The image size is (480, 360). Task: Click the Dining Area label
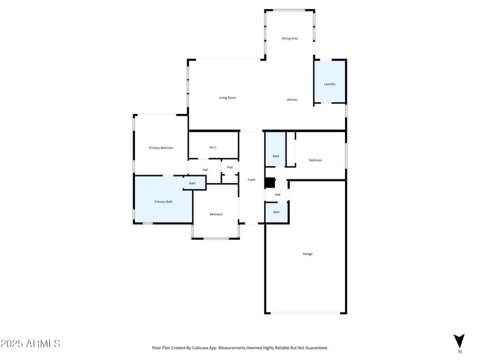290,38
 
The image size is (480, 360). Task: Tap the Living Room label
227,97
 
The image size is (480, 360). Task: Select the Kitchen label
292,100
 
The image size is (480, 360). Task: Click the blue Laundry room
329,83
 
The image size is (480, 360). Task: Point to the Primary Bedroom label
161,148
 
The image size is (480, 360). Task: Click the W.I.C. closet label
213,148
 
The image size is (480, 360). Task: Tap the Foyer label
252,179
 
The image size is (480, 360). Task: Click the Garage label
307,254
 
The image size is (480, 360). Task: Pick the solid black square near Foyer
269,182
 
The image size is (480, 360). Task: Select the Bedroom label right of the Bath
316,160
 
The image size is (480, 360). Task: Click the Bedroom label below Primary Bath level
216,214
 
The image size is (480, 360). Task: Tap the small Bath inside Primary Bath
193,183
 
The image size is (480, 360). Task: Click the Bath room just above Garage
277,212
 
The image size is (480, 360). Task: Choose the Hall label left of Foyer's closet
205,170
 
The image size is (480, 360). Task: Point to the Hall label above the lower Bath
277,194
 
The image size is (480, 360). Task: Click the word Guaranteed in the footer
314,347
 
